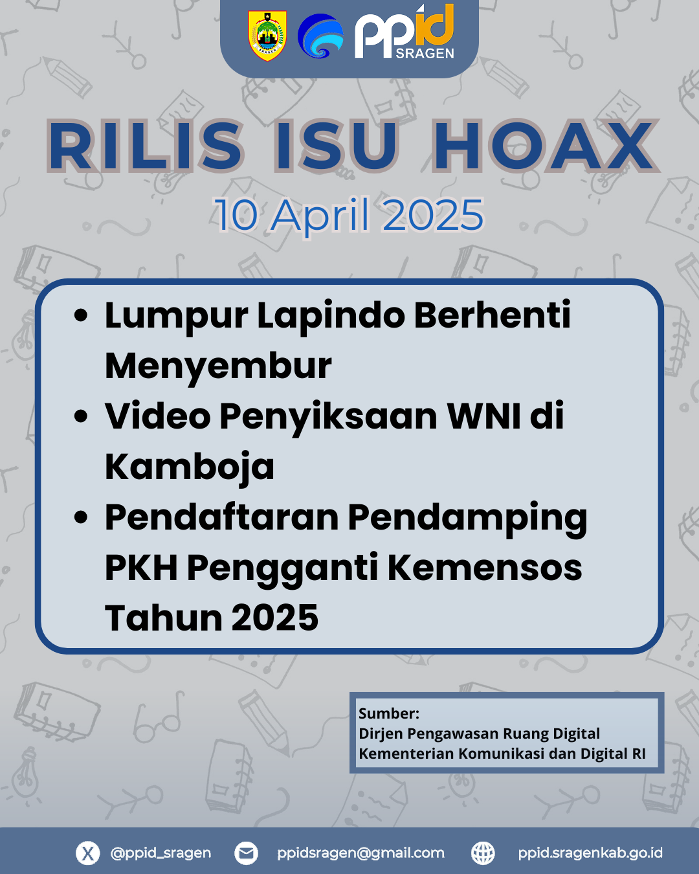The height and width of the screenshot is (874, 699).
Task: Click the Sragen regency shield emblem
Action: [267, 36]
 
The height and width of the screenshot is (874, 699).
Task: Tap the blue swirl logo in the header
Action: [320, 36]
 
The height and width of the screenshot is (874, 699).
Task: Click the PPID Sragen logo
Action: [405, 32]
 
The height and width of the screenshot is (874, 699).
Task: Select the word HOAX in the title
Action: [544, 146]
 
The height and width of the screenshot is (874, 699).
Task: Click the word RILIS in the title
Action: [146, 146]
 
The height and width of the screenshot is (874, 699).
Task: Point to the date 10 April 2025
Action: [349, 215]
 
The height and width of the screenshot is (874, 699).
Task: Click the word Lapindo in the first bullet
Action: [331, 317]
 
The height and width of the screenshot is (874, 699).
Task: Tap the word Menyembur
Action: [218, 366]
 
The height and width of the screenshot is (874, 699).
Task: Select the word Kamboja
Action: [189, 467]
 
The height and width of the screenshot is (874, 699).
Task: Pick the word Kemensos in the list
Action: [485, 568]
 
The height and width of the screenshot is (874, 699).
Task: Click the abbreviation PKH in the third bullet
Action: [141, 568]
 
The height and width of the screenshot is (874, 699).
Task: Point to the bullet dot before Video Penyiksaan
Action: [82, 417]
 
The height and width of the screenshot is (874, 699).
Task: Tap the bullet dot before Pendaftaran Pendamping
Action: [82, 517]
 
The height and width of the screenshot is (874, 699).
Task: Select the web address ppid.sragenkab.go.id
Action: [590, 853]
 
